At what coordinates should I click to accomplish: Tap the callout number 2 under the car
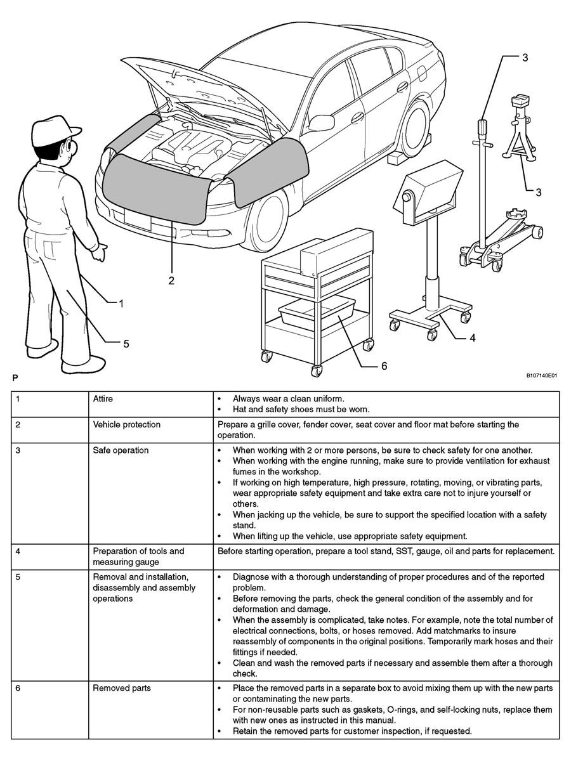(x=171, y=280)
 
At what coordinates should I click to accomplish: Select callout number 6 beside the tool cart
(x=384, y=366)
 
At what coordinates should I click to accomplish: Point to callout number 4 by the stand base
(x=472, y=338)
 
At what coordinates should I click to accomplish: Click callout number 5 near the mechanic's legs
(x=126, y=343)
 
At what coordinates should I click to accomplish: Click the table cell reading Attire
(x=103, y=399)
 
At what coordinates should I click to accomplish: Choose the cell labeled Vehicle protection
(x=127, y=424)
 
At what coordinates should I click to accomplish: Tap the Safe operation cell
(x=121, y=450)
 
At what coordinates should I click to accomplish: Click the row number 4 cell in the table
(x=18, y=551)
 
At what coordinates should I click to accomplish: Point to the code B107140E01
(x=541, y=376)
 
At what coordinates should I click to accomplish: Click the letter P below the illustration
(x=15, y=378)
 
